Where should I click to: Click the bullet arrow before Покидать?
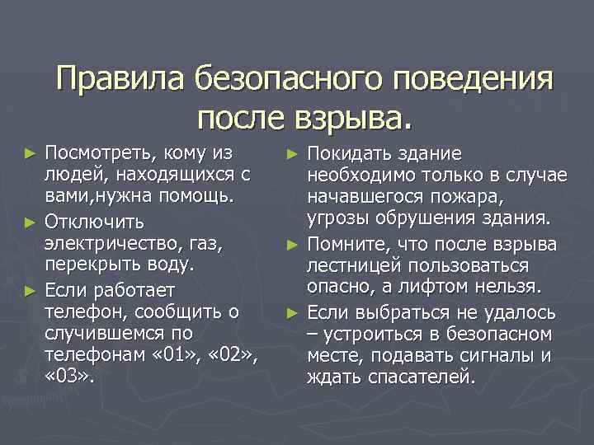(294, 154)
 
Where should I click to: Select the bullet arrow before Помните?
(294, 245)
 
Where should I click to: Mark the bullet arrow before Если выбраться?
(294, 313)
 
